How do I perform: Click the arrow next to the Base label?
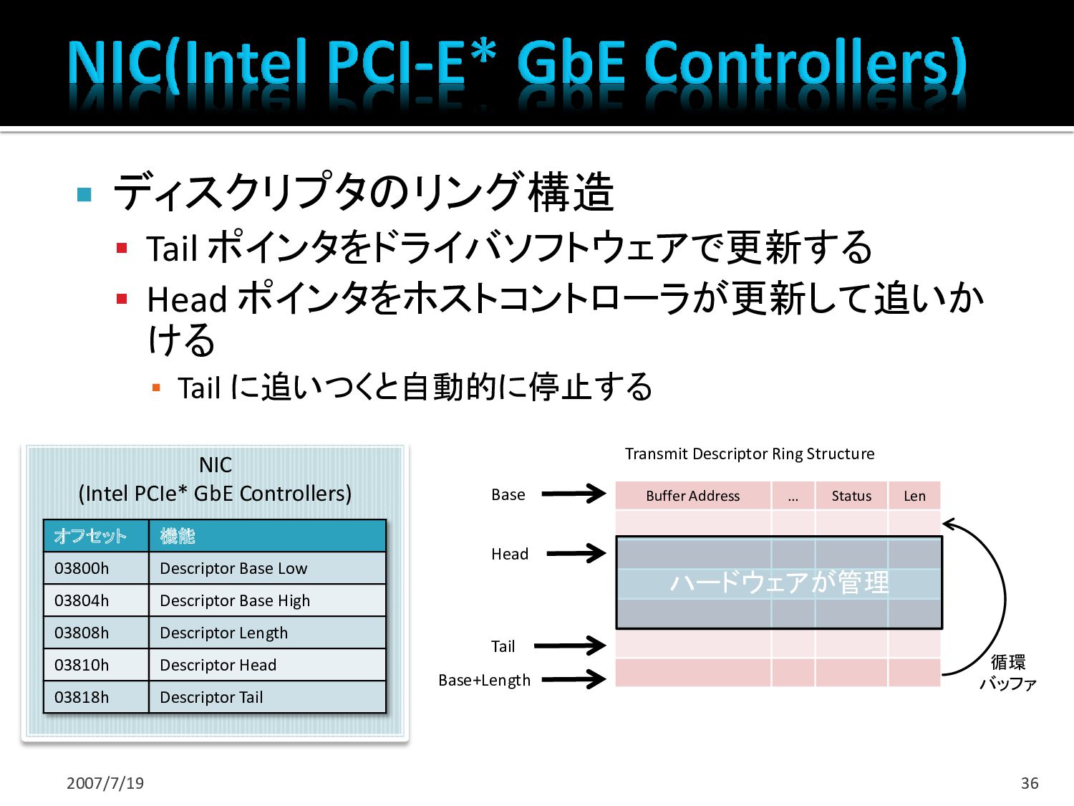tap(574, 494)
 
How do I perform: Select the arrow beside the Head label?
tap(576, 553)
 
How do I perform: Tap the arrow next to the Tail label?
tap(570, 646)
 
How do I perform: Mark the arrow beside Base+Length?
tap(574, 678)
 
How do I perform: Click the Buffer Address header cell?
tap(692, 496)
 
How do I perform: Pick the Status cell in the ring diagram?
tap(851, 496)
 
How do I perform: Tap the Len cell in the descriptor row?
tap(914, 496)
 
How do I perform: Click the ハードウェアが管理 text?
tap(779, 582)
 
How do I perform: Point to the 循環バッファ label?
tap(1007, 673)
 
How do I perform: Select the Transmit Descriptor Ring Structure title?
tap(750, 454)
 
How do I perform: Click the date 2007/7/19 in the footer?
tap(105, 783)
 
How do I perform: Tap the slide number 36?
tap(1030, 783)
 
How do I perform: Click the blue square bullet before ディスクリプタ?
tap(84, 194)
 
